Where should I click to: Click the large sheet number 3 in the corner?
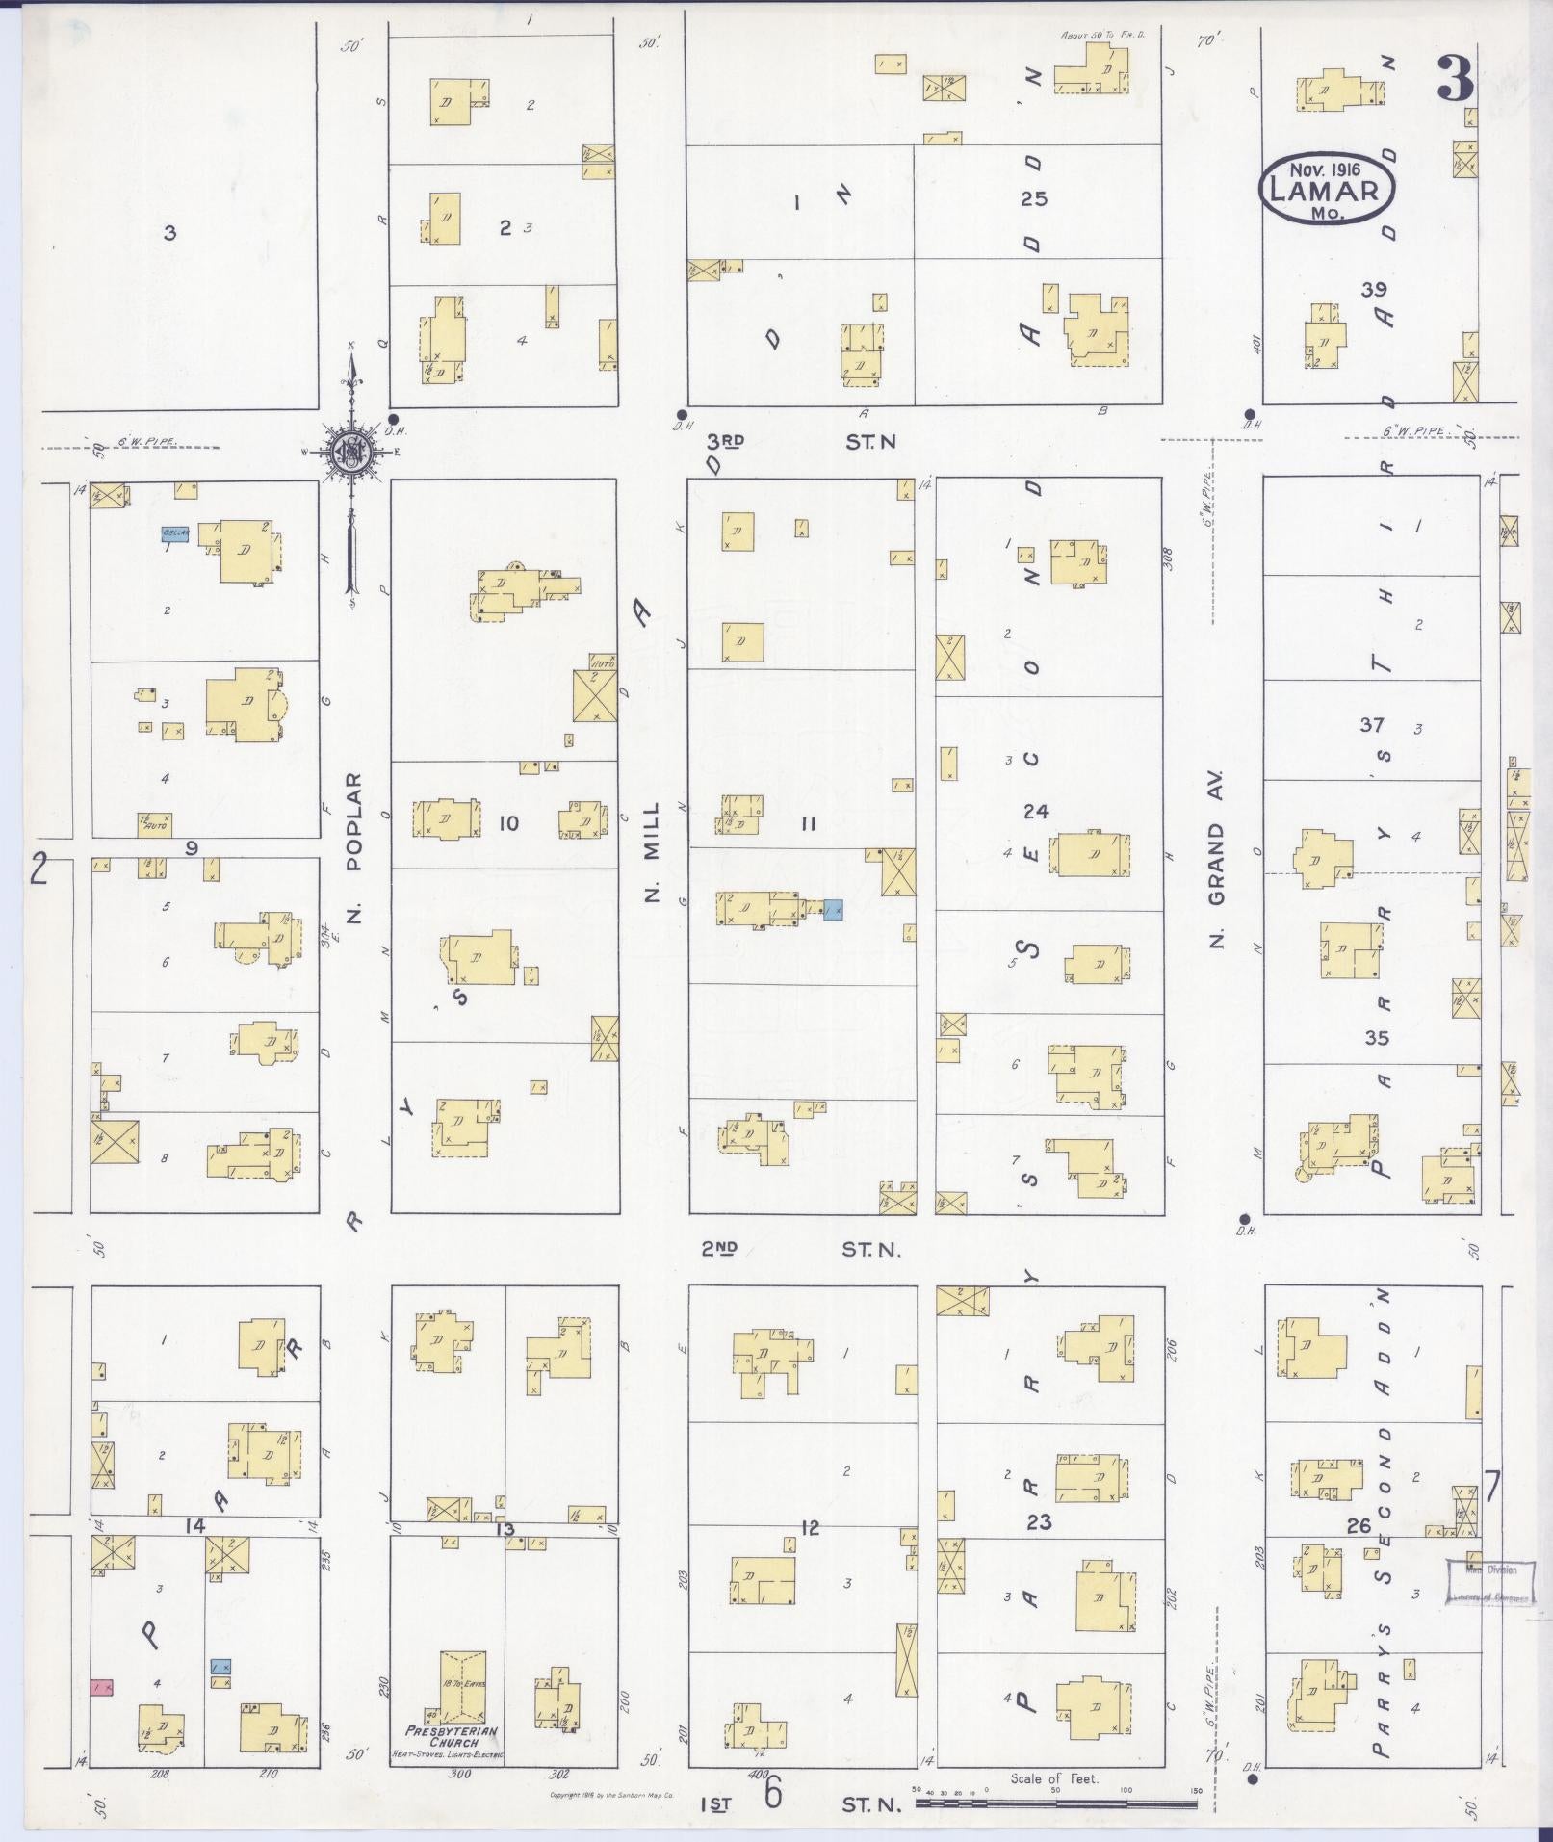[1455, 79]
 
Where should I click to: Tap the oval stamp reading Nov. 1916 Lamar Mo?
[1327, 188]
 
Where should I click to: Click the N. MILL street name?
[652, 852]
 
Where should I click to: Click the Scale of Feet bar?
[1054, 1798]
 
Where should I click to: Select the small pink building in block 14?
[101, 1687]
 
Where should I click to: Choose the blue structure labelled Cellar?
[174, 532]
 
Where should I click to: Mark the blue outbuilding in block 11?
[834, 908]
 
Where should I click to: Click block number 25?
[1034, 199]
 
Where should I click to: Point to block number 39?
[1374, 289]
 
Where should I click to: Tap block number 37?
[1372, 724]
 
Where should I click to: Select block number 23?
[1039, 1522]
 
